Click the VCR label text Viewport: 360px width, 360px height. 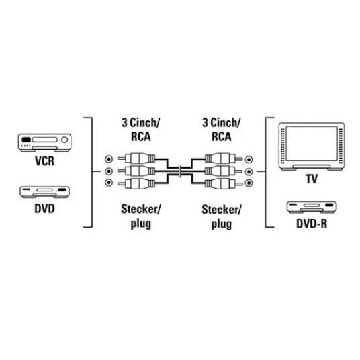click(x=44, y=161)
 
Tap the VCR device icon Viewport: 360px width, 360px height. click(x=44, y=142)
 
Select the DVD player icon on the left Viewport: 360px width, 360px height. click(x=44, y=192)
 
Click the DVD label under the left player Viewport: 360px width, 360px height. click(x=44, y=208)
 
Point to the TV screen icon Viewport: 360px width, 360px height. click(x=312, y=146)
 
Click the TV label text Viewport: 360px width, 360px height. click(x=312, y=179)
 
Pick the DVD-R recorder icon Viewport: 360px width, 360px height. click(x=312, y=207)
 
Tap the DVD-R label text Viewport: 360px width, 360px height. click(x=312, y=224)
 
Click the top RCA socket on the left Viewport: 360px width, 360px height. click(x=109, y=159)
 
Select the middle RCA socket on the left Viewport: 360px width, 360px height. click(x=109, y=171)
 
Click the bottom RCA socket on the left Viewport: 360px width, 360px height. click(x=109, y=183)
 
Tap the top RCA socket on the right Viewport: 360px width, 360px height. click(x=249, y=159)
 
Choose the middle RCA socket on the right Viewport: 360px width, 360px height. click(x=249, y=171)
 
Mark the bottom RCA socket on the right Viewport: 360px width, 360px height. click(x=249, y=183)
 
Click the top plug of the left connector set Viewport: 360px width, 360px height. click(x=136, y=159)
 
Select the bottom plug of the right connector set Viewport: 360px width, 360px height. click(x=224, y=183)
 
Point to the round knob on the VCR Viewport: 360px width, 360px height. click(x=64, y=140)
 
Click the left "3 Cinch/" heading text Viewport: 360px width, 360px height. click(x=140, y=123)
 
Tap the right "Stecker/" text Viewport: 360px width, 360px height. click(x=222, y=210)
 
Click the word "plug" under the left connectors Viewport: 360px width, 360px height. click(x=141, y=224)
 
